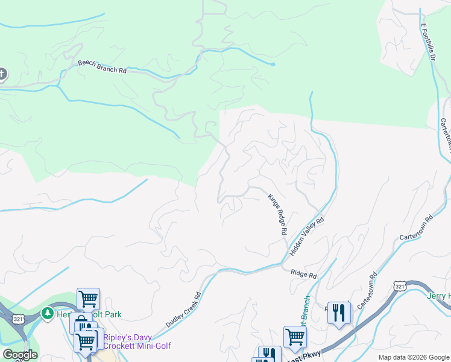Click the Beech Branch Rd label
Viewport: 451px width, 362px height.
pyautogui.click(x=102, y=66)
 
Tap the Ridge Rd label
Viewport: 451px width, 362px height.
pyautogui.click(x=303, y=275)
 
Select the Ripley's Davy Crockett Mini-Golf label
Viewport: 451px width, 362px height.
pyautogui.click(x=137, y=341)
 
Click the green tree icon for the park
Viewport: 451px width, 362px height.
pyautogui.click(x=47, y=314)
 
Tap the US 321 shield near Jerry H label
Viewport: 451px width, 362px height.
pyautogui.click(x=400, y=286)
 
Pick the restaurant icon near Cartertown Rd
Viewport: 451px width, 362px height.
pyautogui.click(x=339, y=313)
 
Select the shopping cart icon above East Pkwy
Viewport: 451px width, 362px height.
pyautogui.click(x=295, y=335)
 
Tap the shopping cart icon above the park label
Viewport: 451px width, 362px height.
pyautogui.click(x=88, y=297)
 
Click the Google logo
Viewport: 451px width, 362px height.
pyautogui.click(x=20, y=355)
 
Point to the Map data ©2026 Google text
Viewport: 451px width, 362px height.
pyautogui.click(x=413, y=357)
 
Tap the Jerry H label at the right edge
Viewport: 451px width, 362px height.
pyautogui.click(x=438, y=296)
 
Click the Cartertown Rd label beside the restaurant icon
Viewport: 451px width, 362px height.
pyautogui.click(x=367, y=291)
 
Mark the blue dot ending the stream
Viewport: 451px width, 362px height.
pyautogui.click(x=273, y=64)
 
